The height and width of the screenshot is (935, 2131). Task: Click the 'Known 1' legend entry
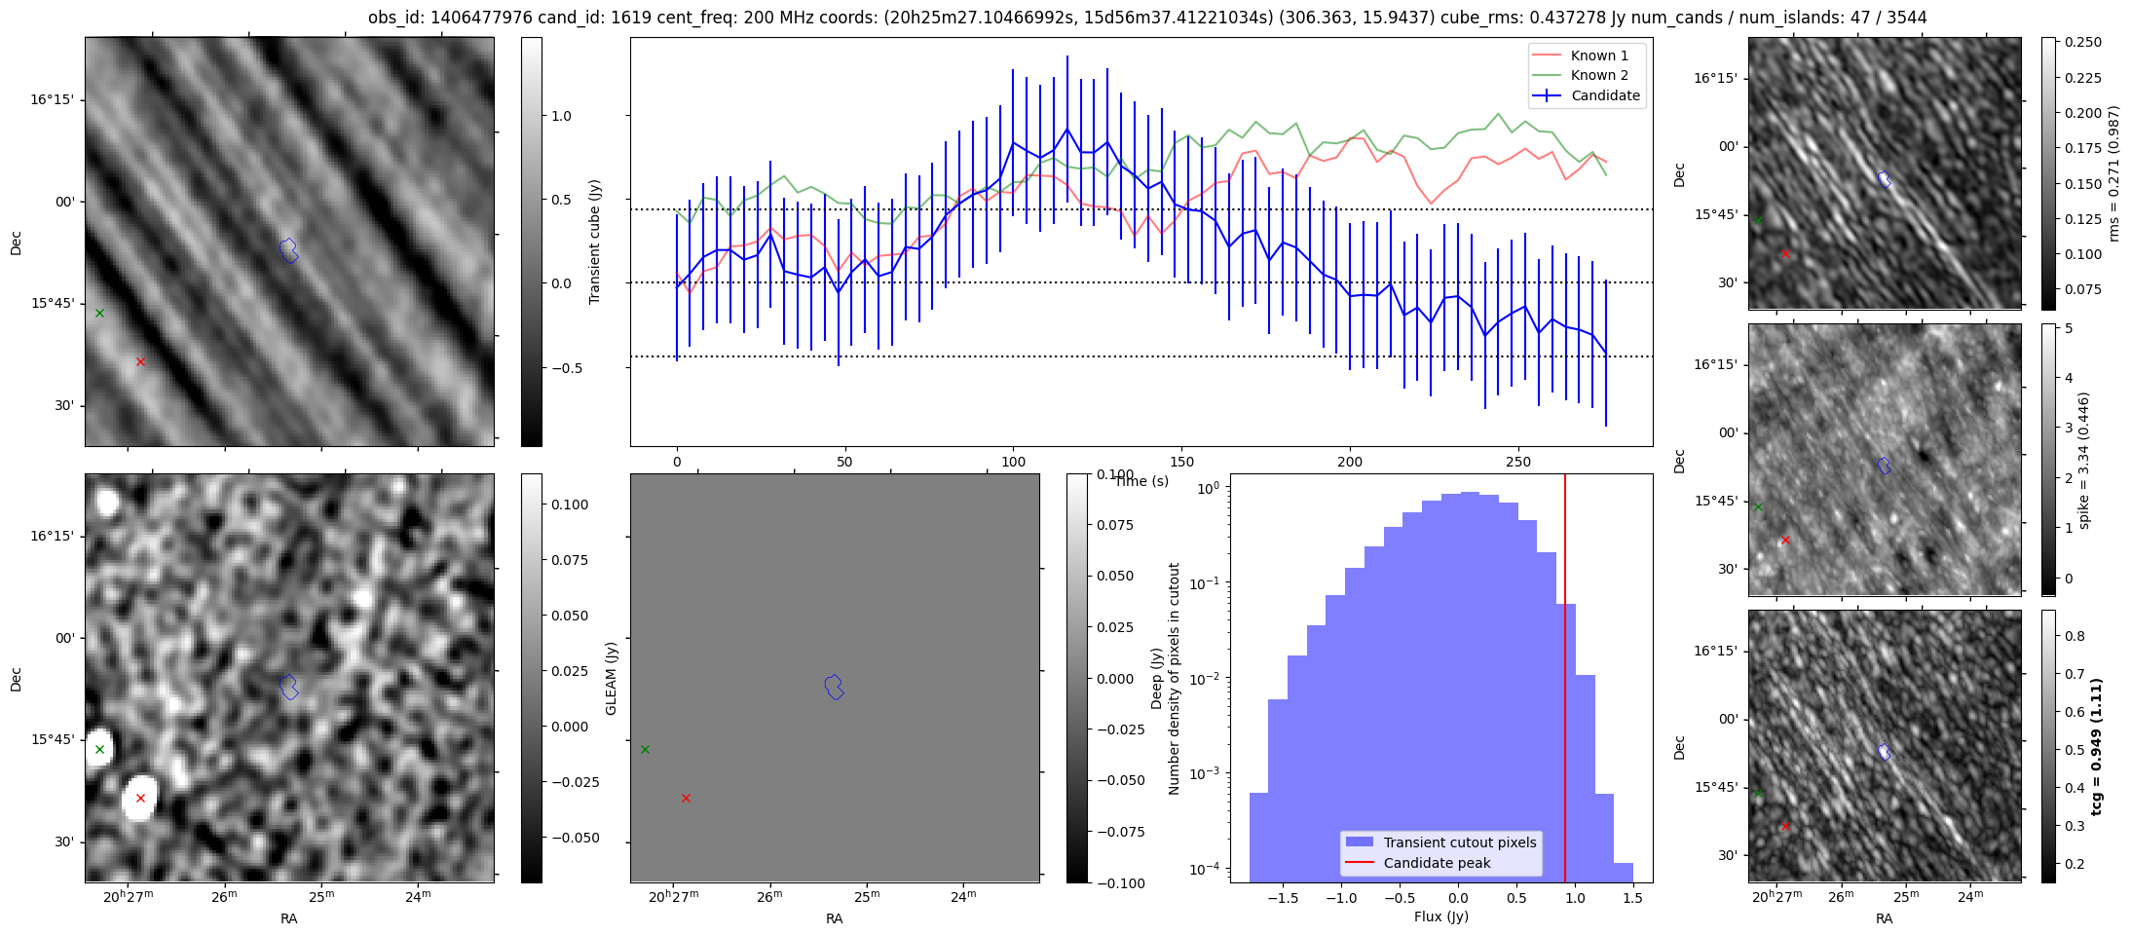tap(1598, 56)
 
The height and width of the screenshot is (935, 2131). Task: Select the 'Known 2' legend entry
tap(1598, 75)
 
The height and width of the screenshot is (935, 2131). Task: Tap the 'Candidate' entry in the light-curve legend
tap(1605, 95)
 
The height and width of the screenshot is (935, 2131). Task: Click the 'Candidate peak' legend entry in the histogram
tap(1437, 863)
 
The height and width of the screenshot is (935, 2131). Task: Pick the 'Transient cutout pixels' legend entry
tap(1459, 842)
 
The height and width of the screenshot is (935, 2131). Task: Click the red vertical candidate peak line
tap(1565, 682)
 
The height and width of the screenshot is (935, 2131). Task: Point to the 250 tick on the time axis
tap(1518, 462)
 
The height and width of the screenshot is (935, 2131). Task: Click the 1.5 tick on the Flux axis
tap(1633, 898)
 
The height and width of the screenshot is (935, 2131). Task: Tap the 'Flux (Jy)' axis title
tap(1440, 916)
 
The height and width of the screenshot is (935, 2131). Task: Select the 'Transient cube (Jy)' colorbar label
tap(595, 242)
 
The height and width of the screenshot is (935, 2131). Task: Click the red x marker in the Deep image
tap(140, 798)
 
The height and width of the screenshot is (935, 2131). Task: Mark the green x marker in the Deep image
tap(99, 749)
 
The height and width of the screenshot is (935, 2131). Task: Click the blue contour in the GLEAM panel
tap(834, 687)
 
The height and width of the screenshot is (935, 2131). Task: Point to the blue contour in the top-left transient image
tap(288, 249)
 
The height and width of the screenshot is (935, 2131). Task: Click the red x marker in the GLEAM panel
tap(686, 798)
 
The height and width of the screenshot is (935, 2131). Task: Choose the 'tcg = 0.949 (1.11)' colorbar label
tap(2097, 747)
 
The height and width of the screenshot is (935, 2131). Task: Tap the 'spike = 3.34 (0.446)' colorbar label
tap(2083, 461)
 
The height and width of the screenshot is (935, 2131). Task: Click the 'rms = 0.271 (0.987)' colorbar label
tap(2112, 174)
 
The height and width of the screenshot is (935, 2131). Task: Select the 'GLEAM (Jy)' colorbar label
tap(612, 678)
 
